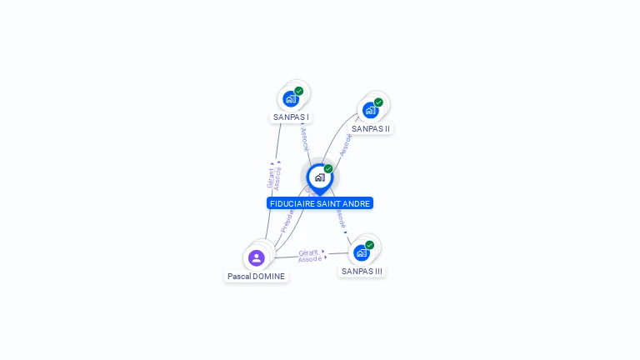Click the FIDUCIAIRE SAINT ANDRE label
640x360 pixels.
pyautogui.click(x=320, y=203)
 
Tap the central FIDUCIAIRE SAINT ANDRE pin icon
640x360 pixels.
pyautogui.click(x=319, y=177)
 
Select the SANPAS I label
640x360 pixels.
pyautogui.click(x=291, y=117)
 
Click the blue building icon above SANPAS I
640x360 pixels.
pyautogui.click(x=290, y=99)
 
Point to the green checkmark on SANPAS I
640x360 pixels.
pyautogui.click(x=298, y=91)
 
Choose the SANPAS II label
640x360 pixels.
pyautogui.click(x=371, y=129)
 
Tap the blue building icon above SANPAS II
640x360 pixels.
pyautogui.click(x=370, y=110)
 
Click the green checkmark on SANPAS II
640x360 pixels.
pyautogui.click(x=378, y=102)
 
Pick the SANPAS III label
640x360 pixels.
pyautogui.click(x=362, y=272)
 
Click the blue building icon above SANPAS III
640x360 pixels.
pyautogui.click(x=361, y=252)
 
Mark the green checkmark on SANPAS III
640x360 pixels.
pyautogui.click(x=369, y=245)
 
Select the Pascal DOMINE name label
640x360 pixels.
pyautogui.click(x=256, y=277)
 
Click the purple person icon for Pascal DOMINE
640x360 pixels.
pyautogui.click(x=256, y=257)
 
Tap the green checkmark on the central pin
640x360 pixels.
pyautogui.click(x=328, y=168)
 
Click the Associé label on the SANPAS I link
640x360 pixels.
pyautogui.click(x=304, y=138)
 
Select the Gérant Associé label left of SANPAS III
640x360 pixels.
pyautogui.click(x=310, y=255)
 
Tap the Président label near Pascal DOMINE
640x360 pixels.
pyautogui.click(x=287, y=221)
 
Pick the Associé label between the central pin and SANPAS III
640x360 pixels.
pyautogui.click(x=341, y=218)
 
